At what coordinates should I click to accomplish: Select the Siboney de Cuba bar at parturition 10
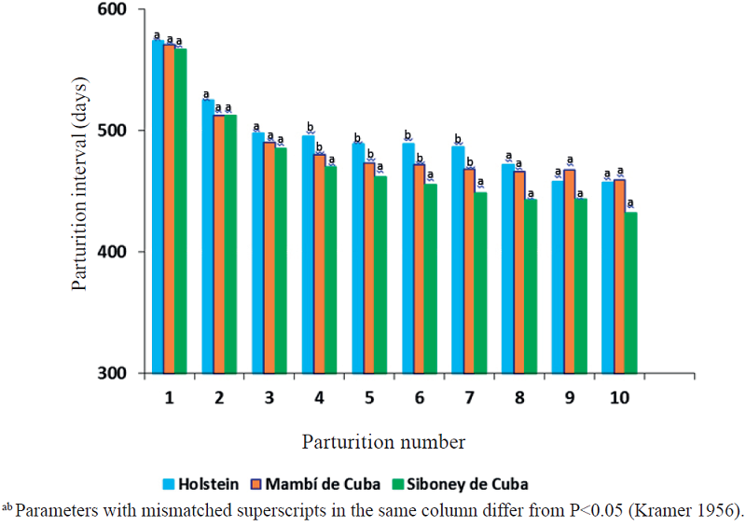pos(631,293)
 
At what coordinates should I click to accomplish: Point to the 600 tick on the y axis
pos(120,10)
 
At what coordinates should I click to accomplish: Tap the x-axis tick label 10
pos(619,398)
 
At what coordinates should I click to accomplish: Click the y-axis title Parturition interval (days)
pos(82,190)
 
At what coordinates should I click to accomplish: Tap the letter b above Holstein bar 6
pos(408,135)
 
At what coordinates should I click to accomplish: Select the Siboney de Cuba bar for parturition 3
pos(281,260)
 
